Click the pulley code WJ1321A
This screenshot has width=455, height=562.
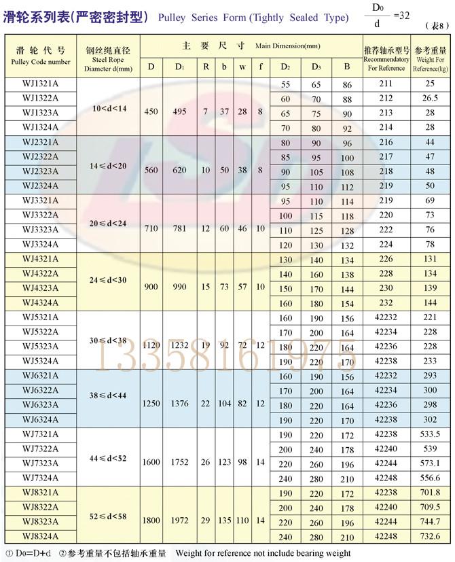[41, 84]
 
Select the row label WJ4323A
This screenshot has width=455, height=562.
[41, 287]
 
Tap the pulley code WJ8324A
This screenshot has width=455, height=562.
[41, 535]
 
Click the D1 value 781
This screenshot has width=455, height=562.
[179, 229]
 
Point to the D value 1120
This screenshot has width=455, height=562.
[151, 346]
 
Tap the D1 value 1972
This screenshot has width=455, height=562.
[179, 521]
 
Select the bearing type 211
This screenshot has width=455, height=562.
[386, 84]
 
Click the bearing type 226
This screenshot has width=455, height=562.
[386, 258]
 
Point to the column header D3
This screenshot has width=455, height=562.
[316, 66]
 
